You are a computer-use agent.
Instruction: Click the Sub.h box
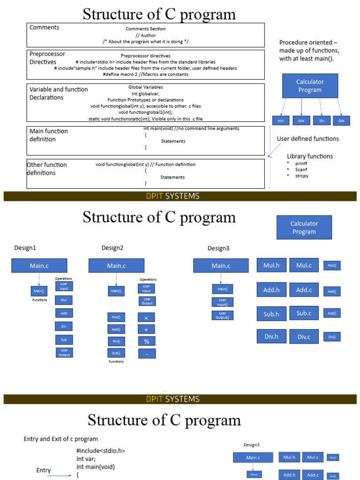(271, 314)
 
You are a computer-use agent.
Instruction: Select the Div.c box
(304, 337)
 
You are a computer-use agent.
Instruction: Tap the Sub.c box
(304, 313)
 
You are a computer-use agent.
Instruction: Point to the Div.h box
(271, 336)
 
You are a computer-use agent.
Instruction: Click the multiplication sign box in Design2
(146, 318)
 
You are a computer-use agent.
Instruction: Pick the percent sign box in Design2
(146, 341)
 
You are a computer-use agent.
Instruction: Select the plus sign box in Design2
(146, 330)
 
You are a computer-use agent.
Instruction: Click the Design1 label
(25, 247)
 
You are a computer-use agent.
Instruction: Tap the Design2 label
(112, 247)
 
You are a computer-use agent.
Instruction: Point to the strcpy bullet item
(302, 176)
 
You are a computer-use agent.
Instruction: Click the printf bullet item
(301, 163)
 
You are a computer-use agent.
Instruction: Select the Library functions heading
(310, 156)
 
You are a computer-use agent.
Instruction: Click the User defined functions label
(307, 139)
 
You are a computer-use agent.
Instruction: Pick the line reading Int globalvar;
(145, 93)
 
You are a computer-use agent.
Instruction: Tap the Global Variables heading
(145, 87)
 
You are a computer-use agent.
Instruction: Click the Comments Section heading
(145, 29)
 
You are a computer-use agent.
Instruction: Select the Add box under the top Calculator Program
(301, 120)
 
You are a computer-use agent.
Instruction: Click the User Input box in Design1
(64, 286)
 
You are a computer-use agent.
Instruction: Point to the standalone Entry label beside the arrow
(44, 470)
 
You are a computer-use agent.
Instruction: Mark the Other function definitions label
(47, 169)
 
